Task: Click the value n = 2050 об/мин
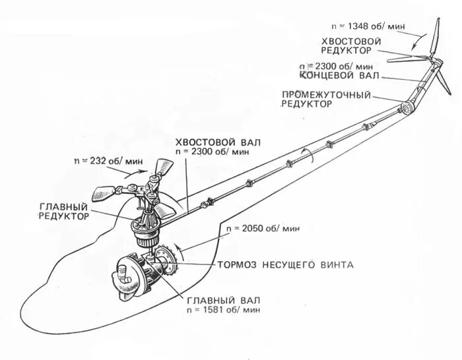click(x=263, y=228)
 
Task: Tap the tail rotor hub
click(x=434, y=62)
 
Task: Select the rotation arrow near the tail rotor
click(x=414, y=45)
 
